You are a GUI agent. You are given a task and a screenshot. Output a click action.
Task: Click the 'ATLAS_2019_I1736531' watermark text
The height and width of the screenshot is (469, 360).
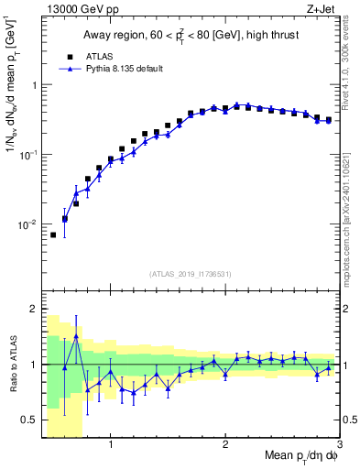190,274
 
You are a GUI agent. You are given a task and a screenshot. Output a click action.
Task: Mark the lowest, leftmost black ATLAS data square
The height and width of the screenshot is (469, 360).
53,235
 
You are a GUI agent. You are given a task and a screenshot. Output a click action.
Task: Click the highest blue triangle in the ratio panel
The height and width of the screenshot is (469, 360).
76,336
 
